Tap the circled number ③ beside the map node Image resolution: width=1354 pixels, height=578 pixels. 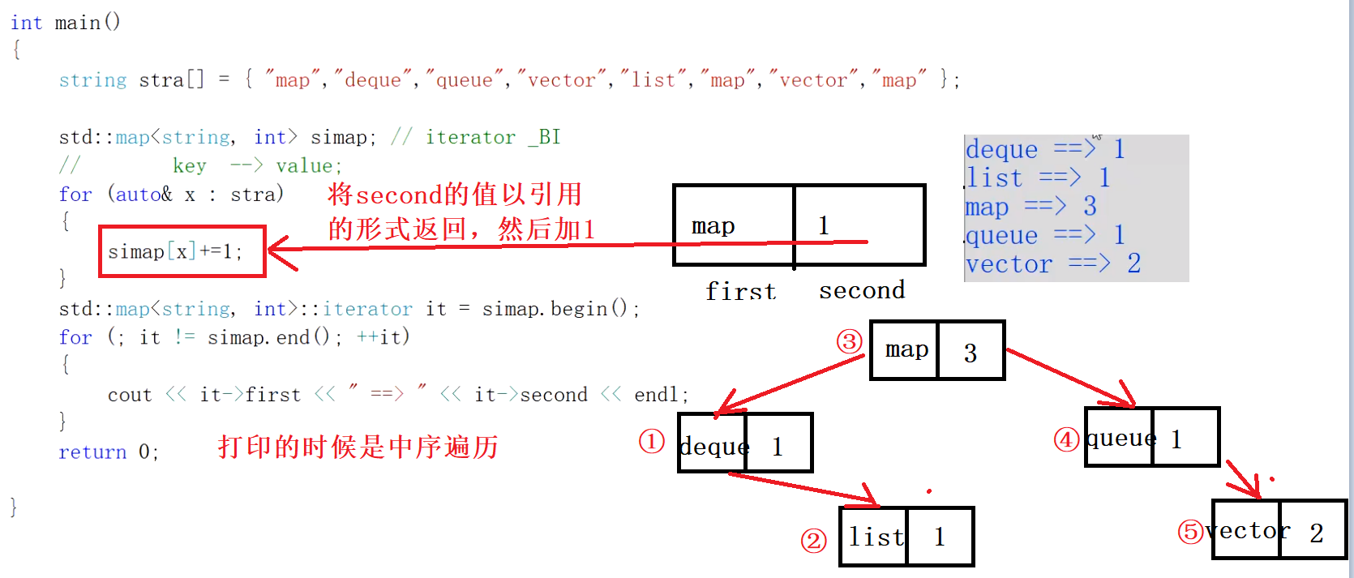click(849, 341)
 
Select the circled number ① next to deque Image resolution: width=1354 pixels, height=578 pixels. click(652, 442)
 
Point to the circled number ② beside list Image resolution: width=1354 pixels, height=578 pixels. click(813, 540)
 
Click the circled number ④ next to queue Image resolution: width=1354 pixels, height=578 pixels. click(1066, 439)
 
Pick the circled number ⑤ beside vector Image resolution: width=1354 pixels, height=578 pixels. click(1190, 532)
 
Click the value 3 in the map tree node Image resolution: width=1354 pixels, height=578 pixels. click(970, 353)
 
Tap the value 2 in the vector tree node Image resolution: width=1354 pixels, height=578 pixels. click(1316, 533)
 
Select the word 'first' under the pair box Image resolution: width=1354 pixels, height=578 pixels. click(740, 291)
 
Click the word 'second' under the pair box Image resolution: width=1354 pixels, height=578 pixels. click(861, 290)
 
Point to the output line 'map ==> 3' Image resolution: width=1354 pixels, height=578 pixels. click(1030, 207)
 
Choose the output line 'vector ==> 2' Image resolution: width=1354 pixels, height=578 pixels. click(1052, 263)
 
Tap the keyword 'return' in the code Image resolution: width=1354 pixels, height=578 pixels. click(92, 452)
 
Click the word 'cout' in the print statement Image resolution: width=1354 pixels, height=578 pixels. click(130, 395)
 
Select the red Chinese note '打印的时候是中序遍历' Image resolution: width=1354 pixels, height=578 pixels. click(358, 447)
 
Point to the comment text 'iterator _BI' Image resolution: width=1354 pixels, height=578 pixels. click(493, 137)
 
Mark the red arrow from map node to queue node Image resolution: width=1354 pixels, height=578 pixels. click(1070, 377)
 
